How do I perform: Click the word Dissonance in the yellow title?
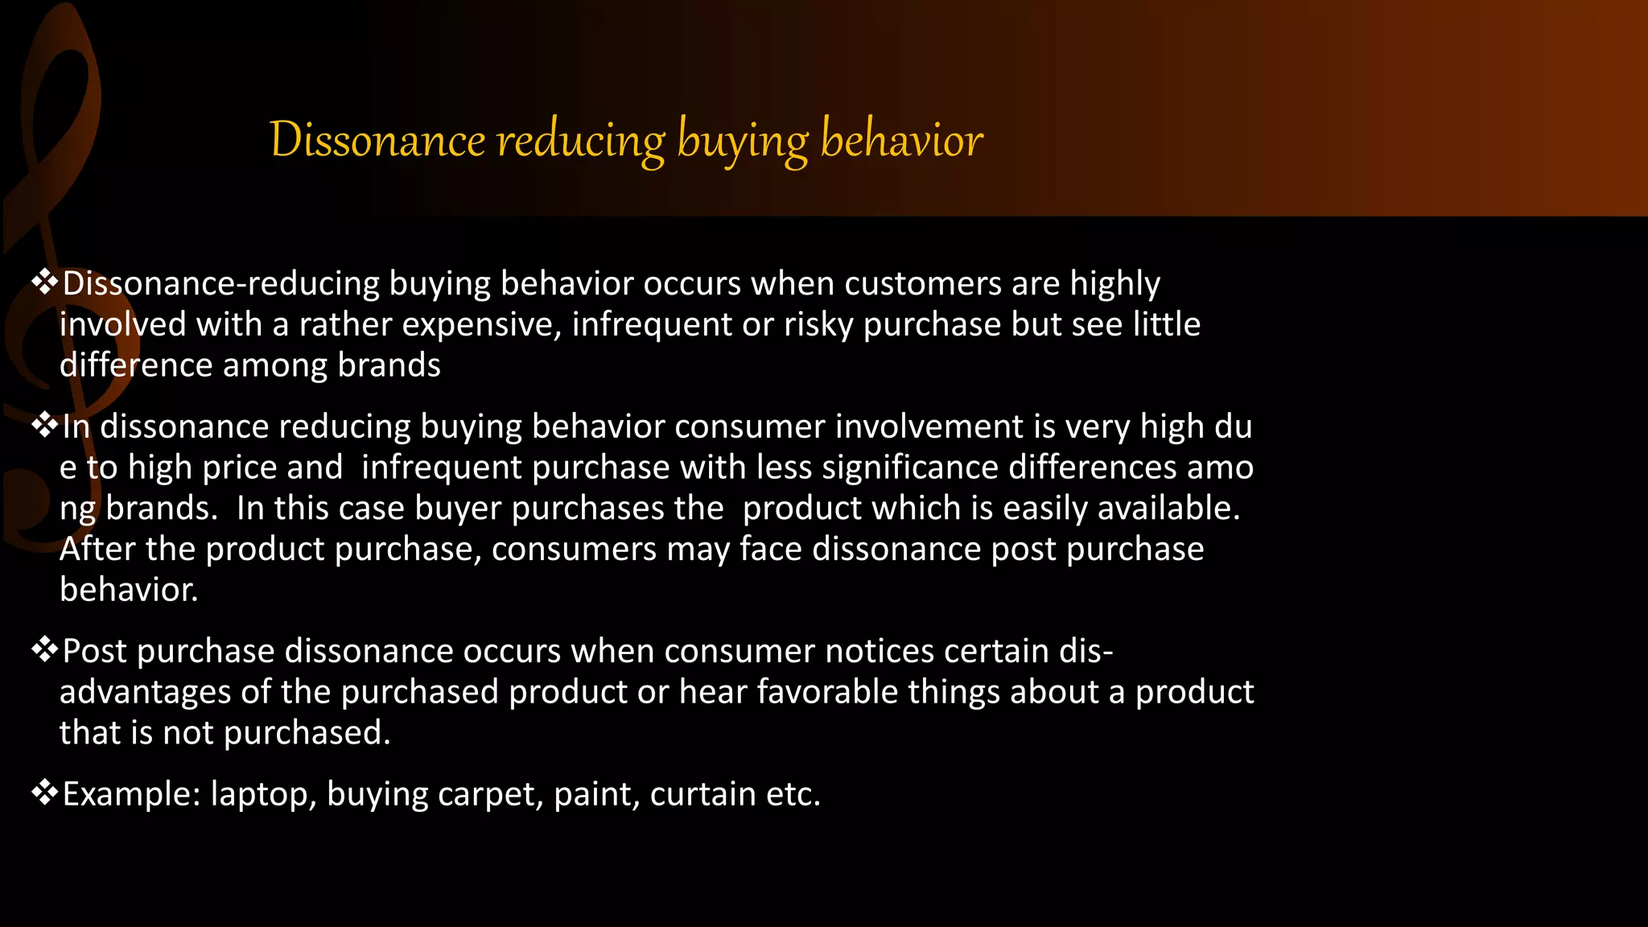[377, 140]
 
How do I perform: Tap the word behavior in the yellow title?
[901, 140]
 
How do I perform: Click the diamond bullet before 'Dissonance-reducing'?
[44, 282]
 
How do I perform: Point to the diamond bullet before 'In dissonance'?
[44, 425]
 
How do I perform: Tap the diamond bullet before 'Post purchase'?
[44, 649]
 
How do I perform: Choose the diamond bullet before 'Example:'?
[44, 793]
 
